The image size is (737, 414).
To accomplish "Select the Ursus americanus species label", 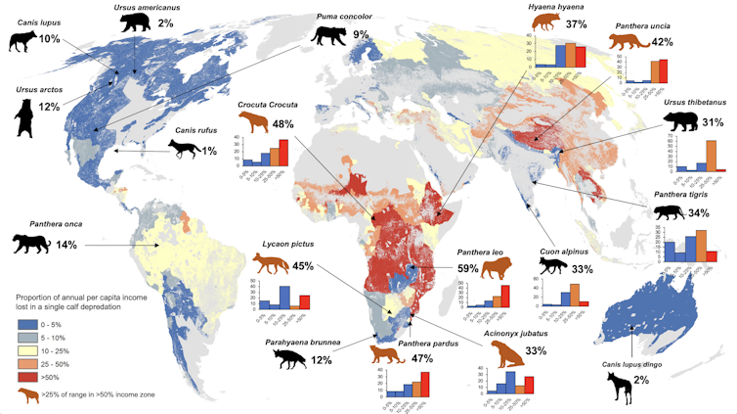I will [x=117, y=7].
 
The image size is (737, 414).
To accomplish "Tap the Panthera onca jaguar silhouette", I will [x=29, y=243].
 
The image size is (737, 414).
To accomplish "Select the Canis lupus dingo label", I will [x=630, y=367].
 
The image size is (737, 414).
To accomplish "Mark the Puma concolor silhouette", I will [x=327, y=34].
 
